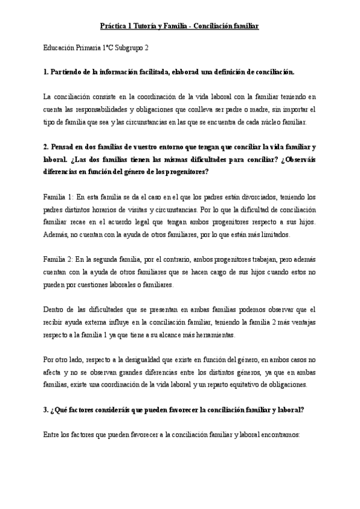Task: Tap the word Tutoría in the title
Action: [150, 27]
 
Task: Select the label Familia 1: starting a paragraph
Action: [58, 196]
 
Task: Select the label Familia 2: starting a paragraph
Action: [58, 260]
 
